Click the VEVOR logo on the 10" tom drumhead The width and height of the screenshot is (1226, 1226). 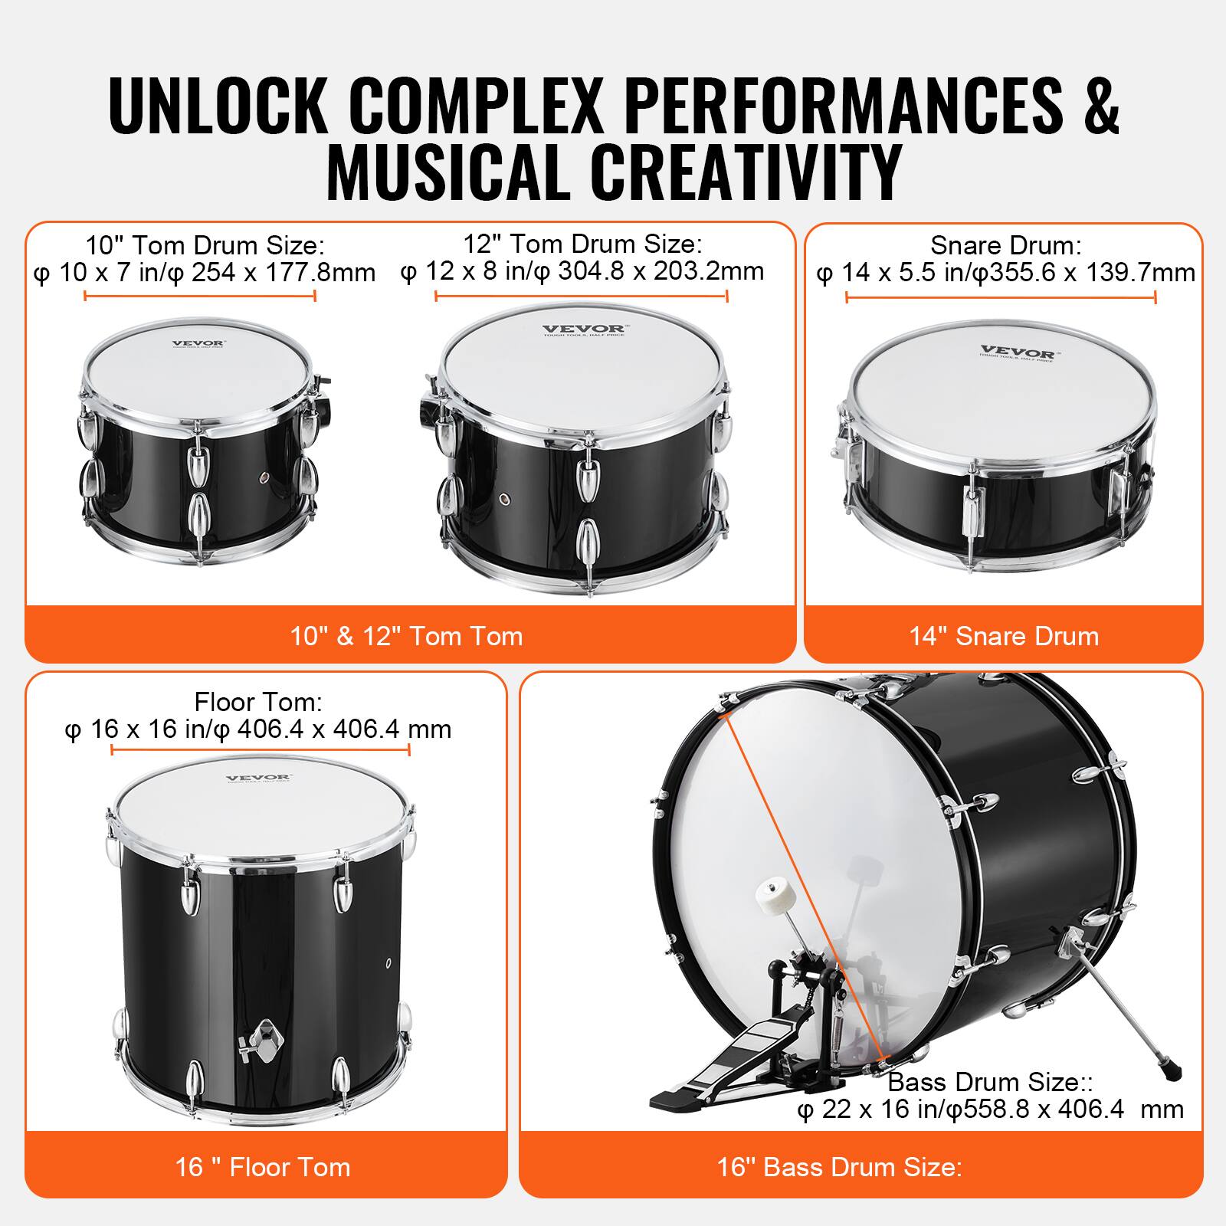point(198,344)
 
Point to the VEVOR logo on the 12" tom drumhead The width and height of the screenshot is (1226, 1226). point(583,330)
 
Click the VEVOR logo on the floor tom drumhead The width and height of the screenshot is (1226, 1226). point(258,779)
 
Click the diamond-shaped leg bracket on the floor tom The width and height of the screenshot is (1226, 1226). point(264,1041)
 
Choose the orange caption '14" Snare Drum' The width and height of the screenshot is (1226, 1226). point(1004,636)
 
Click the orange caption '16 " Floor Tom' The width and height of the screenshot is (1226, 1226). point(263,1167)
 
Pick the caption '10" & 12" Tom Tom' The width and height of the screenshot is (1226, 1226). point(406,636)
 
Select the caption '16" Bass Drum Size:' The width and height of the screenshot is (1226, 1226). point(839,1167)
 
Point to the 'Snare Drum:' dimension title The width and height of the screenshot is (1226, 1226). point(1005,245)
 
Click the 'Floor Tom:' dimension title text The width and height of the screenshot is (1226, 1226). point(258,702)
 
